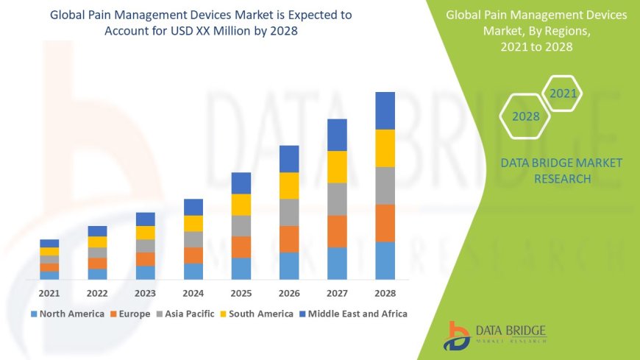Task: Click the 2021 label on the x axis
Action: pos(49,293)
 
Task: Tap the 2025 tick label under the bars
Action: pos(241,293)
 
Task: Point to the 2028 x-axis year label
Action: pos(385,293)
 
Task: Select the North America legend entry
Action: pos(67,314)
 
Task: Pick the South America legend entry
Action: pos(257,314)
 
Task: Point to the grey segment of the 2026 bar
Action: pos(289,212)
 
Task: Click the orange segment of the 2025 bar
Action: pos(241,247)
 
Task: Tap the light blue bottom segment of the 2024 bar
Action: pos(193,272)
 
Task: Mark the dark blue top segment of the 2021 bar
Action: pos(49,243)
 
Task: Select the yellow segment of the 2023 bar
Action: pos(146,233)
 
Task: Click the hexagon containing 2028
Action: pos(525,116)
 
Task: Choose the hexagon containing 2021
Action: pos(563,93)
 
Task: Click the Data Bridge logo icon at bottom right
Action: pos(458,335)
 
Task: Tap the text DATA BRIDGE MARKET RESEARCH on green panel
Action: pos(561,171)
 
